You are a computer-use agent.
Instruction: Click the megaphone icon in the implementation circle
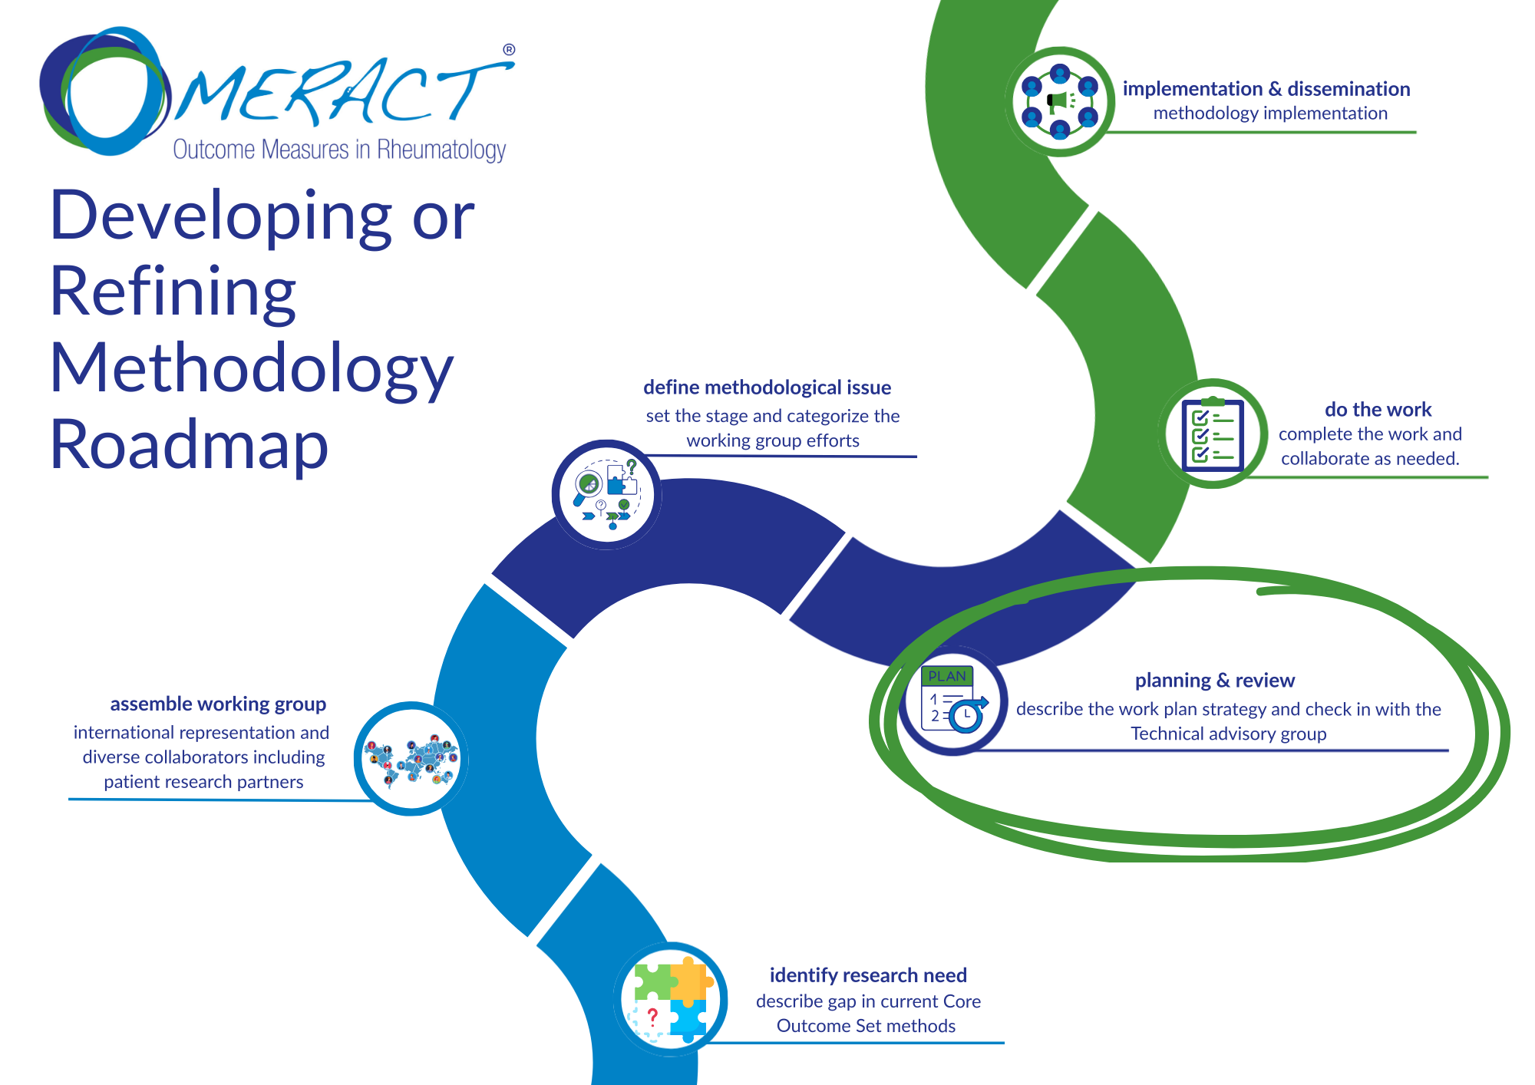point(1060,102)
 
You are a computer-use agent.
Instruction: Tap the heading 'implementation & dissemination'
point(1266,89)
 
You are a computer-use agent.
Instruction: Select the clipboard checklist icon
point(1213,434)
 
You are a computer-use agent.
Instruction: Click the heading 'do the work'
point(1378,410)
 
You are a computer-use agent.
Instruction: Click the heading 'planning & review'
point(1214,681)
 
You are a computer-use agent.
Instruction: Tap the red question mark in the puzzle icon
point(652,1017)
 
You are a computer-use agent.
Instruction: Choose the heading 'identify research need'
point(868,975)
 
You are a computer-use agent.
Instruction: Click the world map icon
point(411,759)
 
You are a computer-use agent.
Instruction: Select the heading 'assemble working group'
point(218,704)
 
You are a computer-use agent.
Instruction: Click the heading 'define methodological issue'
point(767,387)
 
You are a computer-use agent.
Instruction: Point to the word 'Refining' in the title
point(173,292)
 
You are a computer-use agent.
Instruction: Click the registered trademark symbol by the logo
point(509,50)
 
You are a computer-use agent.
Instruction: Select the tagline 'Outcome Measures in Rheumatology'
point(339,150)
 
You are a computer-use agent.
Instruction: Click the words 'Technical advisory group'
point(1228,734)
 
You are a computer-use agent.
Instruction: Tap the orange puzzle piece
point(689,980)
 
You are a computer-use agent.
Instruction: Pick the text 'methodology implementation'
point(1270,114)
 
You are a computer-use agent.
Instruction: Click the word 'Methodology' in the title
point(252,368)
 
